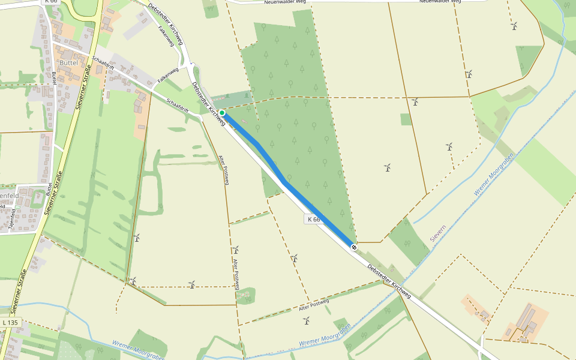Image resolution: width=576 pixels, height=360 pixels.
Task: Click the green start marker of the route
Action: coord(222,113)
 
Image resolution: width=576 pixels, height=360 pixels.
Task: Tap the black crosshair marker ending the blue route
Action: coord(355,247)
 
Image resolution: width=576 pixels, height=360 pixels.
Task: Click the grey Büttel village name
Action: coord(69,62)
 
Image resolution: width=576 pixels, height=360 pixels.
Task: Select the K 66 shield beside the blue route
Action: coord(314,220)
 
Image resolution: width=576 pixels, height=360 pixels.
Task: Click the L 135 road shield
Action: coord(11,323)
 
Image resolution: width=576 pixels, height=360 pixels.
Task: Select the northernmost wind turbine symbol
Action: coord(514,26)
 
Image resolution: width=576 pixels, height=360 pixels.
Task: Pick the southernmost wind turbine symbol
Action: coord(307,321)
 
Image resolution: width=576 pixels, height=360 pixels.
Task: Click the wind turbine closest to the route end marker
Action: coord(295,259)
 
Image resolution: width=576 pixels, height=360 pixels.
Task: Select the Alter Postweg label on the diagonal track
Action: coord(314,305)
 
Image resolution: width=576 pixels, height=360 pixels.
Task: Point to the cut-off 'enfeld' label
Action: coord(9,196)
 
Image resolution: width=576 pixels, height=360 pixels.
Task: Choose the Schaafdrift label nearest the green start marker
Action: coord(178,106)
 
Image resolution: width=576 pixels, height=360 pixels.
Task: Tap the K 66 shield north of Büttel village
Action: coord(50,2)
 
